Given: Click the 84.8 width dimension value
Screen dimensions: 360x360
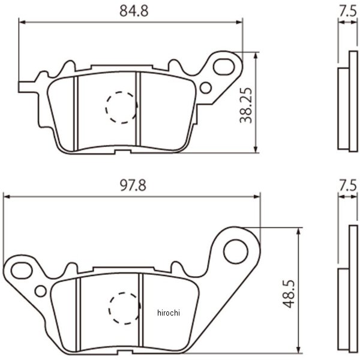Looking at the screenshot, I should click(x=131, y=10).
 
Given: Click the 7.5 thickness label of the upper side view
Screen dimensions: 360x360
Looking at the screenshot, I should click(x=346, y=10).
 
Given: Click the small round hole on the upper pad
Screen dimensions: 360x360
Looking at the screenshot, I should click(x=206, y=88).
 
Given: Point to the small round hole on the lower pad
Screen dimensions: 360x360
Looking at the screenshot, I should click(x=40, y=291).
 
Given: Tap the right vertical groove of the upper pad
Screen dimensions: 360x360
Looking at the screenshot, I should click(x=137, y=111).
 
